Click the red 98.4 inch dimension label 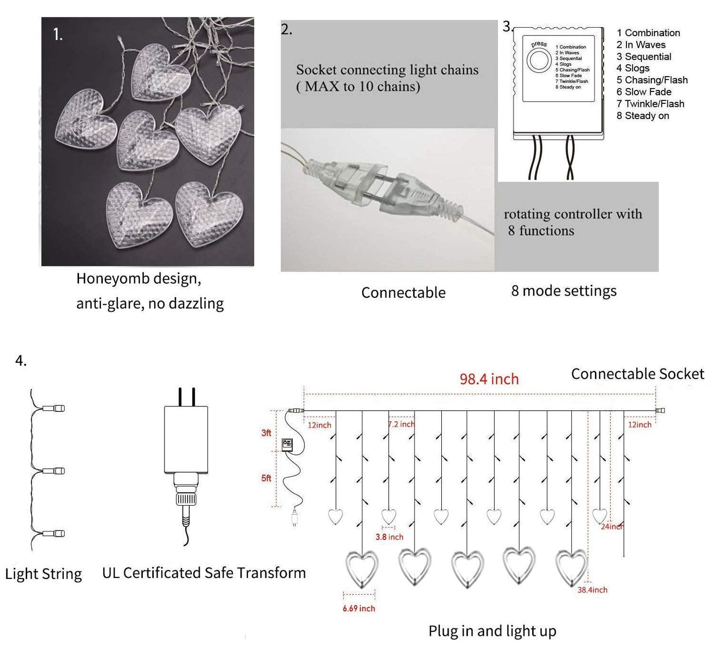pyautogui.click(x=489, y=379)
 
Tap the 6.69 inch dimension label pyautogui.click(x=359, y=608)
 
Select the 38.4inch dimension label pyautogui.click(x=592, y=590)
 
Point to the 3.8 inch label pyautogui.click(x=389, y=537)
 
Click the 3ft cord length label pyautogui.click(x=266, y=433)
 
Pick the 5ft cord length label pyautogui.click(x=266, y=478)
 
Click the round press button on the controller pyautogui.click(x=539, y=61)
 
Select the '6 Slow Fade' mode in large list pyautogui.click(x=643, y=92)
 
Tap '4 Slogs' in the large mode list pyautogui.click(x=632, y=68)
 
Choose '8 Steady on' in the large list pyautogui.click(x=642, y=116)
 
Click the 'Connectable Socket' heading pyautogui.click(x=637, y=374)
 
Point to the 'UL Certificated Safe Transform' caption pyautogui.click(x=204, y=573)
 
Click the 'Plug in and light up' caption pyautogui.click(x=492, y=631)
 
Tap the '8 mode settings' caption pyautogui.click(x=564, y=291)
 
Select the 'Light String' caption pyautogui.click(x=43, y=574)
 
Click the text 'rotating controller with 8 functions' pyautogui.click(x=572, y=222)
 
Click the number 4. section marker pyautogui.click(x=21, y=361)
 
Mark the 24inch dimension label pyautogui.click(x=612, y=526)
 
